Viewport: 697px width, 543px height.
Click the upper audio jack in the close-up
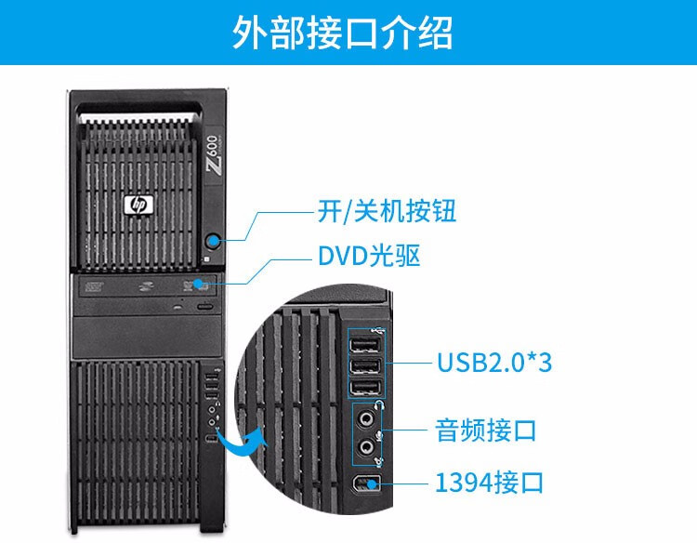[367, 419]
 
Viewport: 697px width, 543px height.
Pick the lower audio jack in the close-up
[367, 448]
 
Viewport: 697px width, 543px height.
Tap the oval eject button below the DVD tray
[206, 306]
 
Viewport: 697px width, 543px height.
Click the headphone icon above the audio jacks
[379, 405]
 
